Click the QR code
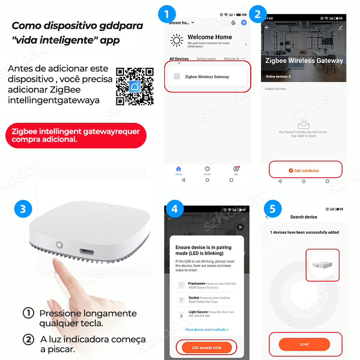click(x=135, y=85)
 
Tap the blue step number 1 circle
click(x=167, y=13)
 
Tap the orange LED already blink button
click(x=207, y=347)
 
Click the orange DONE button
click(x=304, y=344)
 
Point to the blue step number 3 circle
click(x=22, y=209)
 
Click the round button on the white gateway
click(x=59, y=245)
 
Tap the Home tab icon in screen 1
click(x=178, y=169)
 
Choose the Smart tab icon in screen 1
click(x=207, y=169)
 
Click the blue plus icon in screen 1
click(x=244, y=22)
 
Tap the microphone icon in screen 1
click(x=233, y=22)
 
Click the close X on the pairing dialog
click(x=240, y=227)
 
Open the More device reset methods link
click(x=207, y=329)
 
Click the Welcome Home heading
click(x=210, y=37)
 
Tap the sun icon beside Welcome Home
click(x=176, y=40)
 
